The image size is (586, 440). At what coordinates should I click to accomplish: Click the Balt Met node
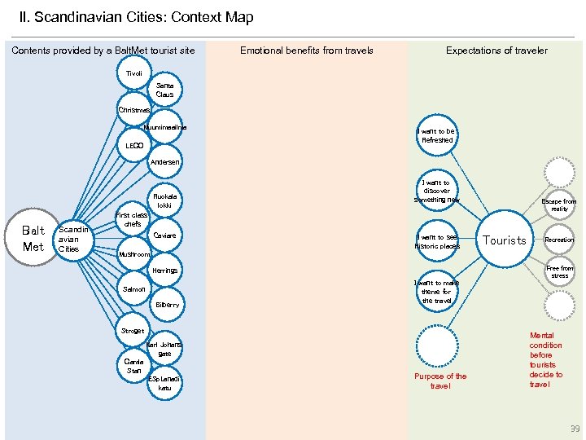pos(33,238)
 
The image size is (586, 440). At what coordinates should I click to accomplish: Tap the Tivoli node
pos(133,73)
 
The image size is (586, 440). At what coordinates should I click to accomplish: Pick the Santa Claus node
pos(164,90)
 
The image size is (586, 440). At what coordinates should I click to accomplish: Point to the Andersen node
pos(164,161)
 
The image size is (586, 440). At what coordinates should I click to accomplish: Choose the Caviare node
pos(164,235)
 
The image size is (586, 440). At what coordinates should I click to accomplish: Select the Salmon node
pos(133,288)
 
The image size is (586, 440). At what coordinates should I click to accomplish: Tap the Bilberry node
pos(167,304)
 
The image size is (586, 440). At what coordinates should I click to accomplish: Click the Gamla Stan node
pos(133,365)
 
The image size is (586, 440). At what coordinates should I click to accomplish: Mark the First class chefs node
pos(133,219)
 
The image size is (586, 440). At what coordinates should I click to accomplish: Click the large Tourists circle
pos(505,240)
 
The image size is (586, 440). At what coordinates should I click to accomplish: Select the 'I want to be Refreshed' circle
pos(437,135)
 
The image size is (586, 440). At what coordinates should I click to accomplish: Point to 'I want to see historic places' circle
pos(437,241)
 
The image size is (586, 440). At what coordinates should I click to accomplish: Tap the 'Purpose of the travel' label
pos(440,381)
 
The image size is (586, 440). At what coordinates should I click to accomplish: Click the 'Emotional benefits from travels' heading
pos(306,51)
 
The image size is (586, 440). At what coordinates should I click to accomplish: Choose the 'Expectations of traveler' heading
pos(496,51)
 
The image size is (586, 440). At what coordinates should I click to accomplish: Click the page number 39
pos(575,429)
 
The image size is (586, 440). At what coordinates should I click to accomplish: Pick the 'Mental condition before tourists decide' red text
pos(545,359)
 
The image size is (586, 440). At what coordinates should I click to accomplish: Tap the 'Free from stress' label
pos(559,271)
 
